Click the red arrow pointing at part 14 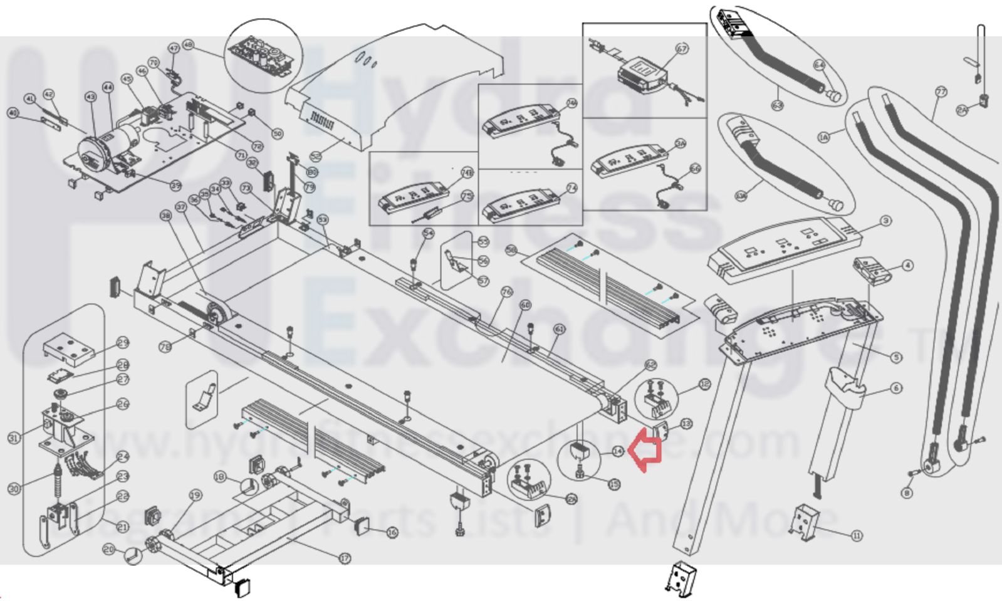click(645, 449)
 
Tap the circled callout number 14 click(618, 451)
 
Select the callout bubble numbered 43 click(91, 97)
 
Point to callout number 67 click(682, 48)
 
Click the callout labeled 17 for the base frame click(345, 558)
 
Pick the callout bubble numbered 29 click(123, 342)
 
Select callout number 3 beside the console click(885, 221)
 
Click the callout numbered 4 click(907, 265)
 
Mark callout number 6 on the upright click(896, 389)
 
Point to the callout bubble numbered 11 click(857, 535)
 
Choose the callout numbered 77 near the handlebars click(941, 92)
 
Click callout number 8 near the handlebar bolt click(907, 493)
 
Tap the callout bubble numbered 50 click(278, 133)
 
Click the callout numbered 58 click(511, 250)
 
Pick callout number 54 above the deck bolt click(428, 233)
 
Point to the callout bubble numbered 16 click(392, 533)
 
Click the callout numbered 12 click(704, 384)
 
